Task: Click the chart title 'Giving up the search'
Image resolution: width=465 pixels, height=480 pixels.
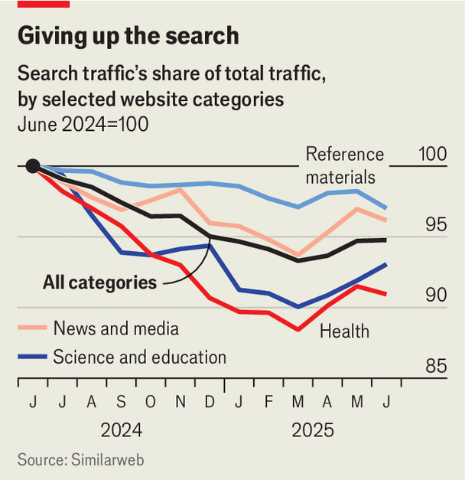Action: click(x=128, y=36)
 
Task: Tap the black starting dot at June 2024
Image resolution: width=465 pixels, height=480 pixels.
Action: click(x=32, y=166)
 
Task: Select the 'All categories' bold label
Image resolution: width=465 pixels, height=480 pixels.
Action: click(x=99, y=282)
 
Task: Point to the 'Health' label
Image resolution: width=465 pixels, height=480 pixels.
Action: click(x=344, y=331)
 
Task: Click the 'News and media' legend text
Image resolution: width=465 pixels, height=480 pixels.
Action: click(x=116, y=328)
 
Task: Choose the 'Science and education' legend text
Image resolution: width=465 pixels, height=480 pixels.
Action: click(x=140, y=357)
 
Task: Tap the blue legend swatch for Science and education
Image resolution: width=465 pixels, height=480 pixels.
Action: click(x=31, y=357)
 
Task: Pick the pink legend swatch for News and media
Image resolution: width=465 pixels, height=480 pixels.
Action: click(x=31, y=328)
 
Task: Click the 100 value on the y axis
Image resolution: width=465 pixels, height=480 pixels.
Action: click(x=433, y=154)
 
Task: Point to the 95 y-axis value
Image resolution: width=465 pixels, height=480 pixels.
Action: click(x=437, y=225)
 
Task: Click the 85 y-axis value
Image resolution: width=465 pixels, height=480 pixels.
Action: click(x=437, y=367)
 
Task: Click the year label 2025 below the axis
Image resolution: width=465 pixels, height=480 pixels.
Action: click(x=313, y=430)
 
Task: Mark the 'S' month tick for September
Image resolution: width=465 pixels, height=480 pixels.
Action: click(x=120, y=402)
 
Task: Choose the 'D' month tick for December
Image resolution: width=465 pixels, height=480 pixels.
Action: click(x=208, y=402)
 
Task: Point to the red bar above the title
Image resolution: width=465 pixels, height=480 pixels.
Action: click(x=43, y=4)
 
